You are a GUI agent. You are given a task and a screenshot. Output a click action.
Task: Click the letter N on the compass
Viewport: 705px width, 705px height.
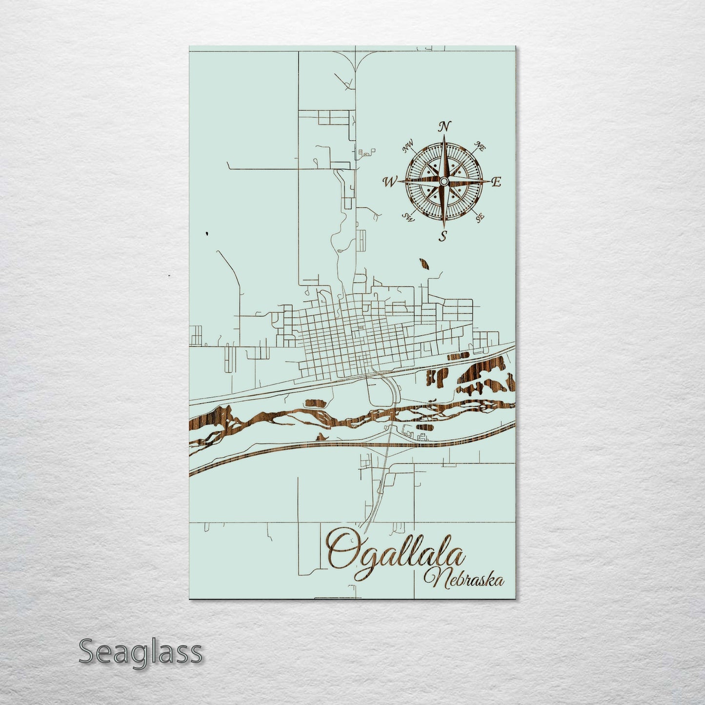coord(444,127)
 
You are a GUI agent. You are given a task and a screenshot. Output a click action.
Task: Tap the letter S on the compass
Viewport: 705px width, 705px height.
coord(443,237)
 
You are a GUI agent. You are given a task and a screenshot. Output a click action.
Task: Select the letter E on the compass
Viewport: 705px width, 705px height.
coord(496,182)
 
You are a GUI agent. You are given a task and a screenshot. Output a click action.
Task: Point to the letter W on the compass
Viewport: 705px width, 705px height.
coord(390,182)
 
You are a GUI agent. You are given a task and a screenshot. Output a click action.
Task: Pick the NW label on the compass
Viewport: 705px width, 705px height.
coord(407,146)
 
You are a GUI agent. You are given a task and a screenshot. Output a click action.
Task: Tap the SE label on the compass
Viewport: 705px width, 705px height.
coord(480,217)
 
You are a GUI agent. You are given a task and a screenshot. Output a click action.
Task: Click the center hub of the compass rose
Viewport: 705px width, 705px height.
coord(443,181)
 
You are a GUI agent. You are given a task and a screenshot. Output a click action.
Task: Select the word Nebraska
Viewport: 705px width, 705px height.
coord(464,580)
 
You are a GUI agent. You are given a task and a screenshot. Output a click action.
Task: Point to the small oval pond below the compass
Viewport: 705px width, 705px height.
coord(423,264)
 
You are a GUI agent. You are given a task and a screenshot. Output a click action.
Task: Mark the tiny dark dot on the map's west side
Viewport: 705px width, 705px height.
coord(207,233)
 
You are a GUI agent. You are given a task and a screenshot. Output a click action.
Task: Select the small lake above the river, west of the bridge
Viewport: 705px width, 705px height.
coord(316,403)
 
